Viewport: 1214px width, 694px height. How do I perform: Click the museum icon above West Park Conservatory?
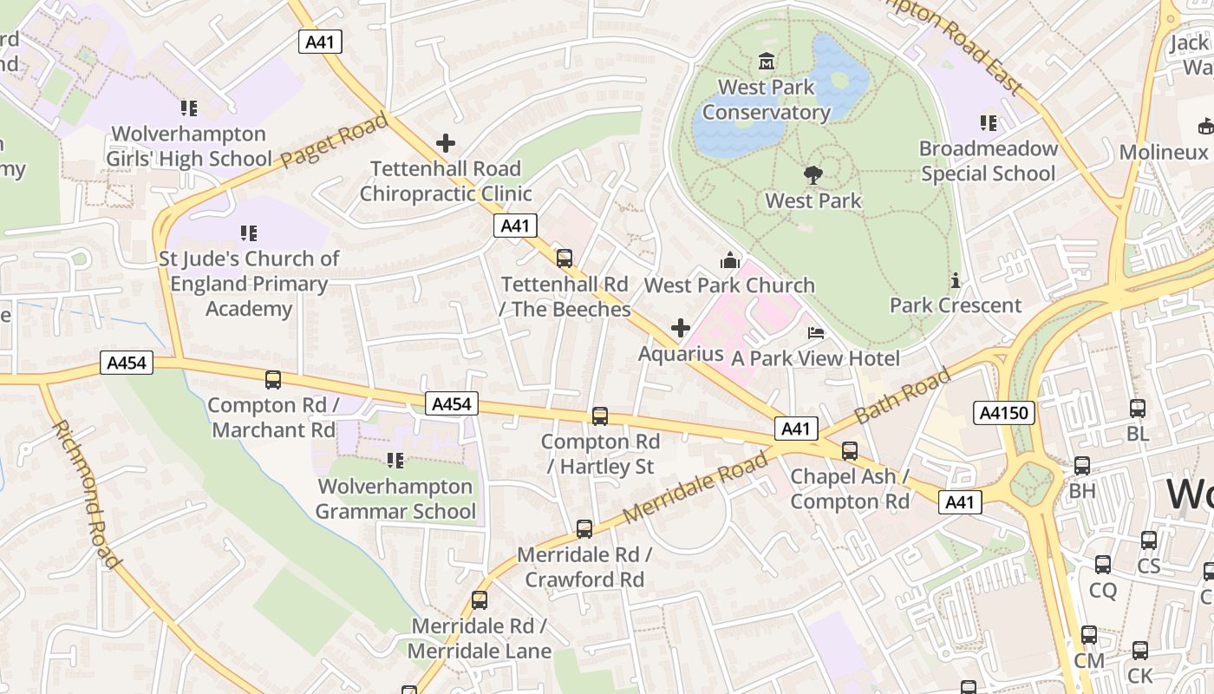767,62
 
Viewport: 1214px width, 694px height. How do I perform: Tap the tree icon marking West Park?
813,175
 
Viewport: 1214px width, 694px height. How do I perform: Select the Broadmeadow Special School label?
989,161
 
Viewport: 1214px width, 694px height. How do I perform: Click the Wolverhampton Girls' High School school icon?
188,108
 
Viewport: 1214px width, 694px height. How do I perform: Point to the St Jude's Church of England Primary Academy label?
249,284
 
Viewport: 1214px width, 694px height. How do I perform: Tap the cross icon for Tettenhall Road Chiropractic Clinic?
446,143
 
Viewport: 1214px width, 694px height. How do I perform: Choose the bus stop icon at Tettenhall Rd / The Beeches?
565,258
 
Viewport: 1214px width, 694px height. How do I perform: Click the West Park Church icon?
729,260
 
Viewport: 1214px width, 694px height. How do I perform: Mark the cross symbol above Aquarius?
681,328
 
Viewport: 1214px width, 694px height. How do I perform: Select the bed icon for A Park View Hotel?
815,333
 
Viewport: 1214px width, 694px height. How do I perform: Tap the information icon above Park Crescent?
956,280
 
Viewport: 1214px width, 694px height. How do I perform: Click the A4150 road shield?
1004,413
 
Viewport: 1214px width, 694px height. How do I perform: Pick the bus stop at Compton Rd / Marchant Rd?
272,380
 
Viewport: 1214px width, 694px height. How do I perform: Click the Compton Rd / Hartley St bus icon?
599,416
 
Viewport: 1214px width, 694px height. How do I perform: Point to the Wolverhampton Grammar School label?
395,500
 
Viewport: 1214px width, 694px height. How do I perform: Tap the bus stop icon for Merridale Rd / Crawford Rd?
584,529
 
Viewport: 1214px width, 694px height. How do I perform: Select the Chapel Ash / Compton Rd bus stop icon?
850,451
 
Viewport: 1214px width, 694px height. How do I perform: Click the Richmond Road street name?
85,494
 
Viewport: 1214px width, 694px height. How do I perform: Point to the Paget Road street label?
334,141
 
